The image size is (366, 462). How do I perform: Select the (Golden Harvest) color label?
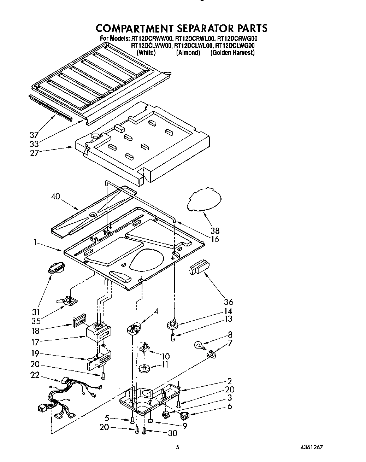point(232,53)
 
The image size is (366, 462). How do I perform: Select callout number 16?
point(215,239)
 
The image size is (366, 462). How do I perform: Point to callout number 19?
point(35,353)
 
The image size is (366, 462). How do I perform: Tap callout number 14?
point(228,311)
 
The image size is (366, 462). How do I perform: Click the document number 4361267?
point(310,447)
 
